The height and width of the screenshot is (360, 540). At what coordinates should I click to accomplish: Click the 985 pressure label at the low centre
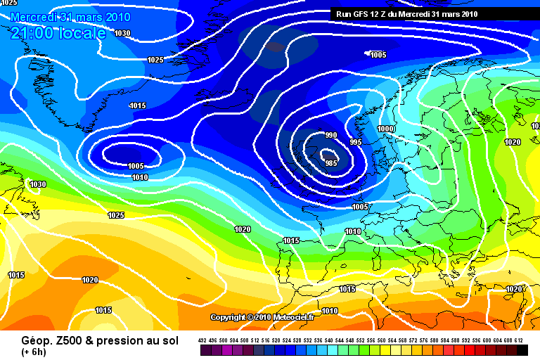[332, 162]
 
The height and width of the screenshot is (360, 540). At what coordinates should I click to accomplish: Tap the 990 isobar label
[331, 135]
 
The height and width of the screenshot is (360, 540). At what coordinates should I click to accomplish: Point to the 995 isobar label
[355, 142]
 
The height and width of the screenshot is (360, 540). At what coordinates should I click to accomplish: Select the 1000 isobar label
[385, 129]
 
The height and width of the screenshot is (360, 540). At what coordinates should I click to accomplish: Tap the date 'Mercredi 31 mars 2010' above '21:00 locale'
[59, 16]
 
